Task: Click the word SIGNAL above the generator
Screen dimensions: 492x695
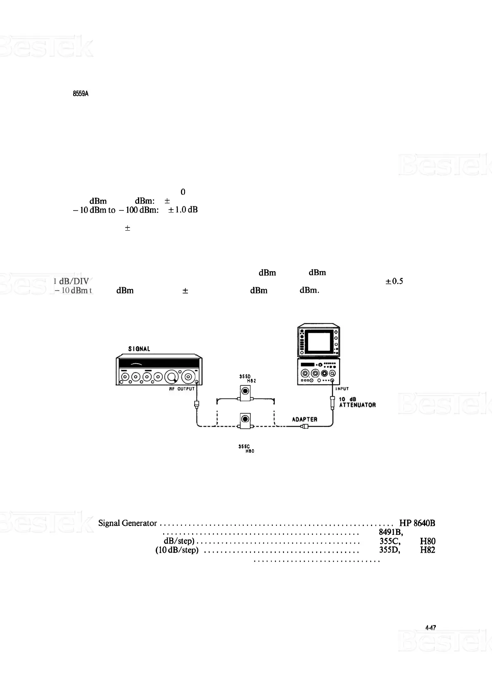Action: [x=139, y=349]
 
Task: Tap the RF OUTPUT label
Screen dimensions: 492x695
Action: [x=182, y=389]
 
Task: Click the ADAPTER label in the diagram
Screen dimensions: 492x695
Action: [x=304, y=419]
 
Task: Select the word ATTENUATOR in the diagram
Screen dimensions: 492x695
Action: [x=357, y=405]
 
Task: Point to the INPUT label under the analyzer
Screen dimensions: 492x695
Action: [x=342, y=388]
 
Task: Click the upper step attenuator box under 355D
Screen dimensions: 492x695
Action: [x=245, y=392]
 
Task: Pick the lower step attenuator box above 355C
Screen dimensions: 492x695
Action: [x=245, y=421]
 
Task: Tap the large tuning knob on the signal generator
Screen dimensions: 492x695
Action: [x=171, y=377]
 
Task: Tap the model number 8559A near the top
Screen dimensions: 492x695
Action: [x=81, y=94]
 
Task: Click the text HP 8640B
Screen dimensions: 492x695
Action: [x=417, y=523]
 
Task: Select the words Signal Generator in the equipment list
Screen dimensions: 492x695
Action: [x=128, y=523]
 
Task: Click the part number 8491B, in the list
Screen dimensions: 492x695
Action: [x=391, y=532]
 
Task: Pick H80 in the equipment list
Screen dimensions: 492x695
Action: [x=428, y=541]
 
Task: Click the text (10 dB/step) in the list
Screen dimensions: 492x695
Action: [x=177, y=550]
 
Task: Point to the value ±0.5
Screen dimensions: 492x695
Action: [x=394, y=281]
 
